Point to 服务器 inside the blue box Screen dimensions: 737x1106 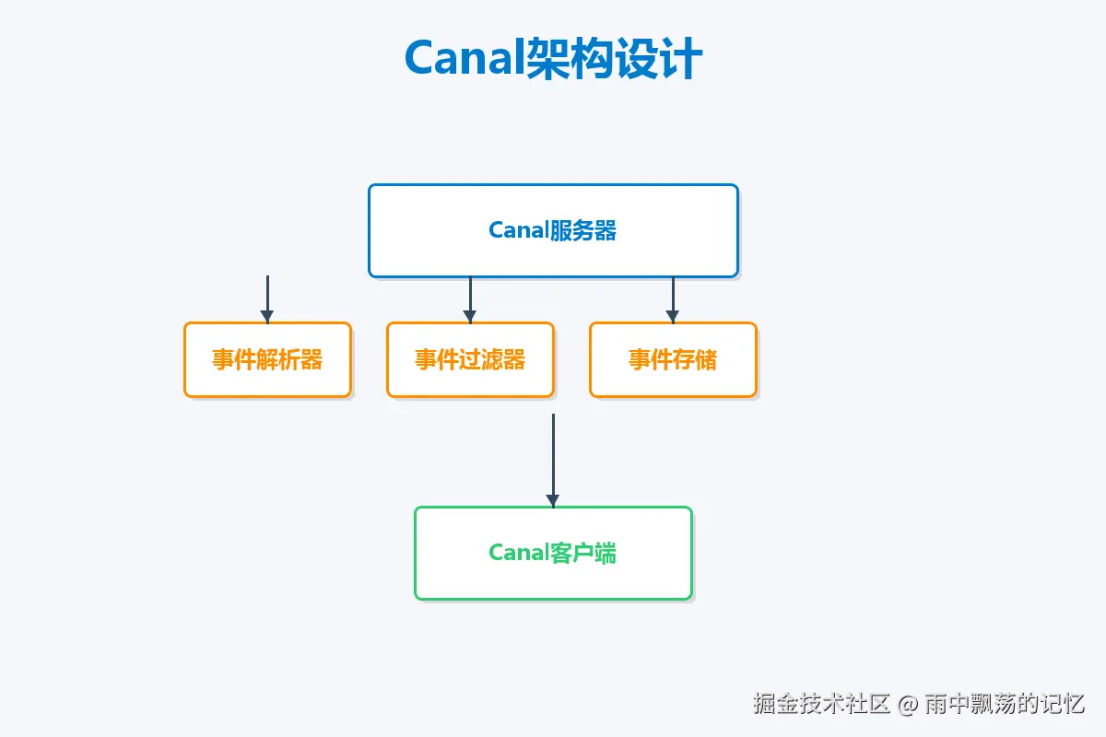582,230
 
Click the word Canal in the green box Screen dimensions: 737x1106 518,553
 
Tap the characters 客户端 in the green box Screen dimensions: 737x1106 582,553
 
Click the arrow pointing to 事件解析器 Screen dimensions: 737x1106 267,297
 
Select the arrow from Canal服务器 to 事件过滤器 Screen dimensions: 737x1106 470,297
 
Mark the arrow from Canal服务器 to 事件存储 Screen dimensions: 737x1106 673,297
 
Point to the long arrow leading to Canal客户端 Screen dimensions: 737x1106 553,456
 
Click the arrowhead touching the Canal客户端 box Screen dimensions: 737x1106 553,501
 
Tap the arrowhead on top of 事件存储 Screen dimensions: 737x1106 673,317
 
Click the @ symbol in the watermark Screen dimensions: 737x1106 907,705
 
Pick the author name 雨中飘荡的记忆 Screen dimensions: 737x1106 1005,705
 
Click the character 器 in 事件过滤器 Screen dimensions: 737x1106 514,359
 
